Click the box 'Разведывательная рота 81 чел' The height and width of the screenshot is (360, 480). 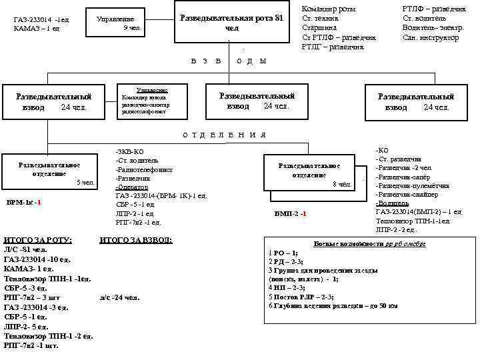232,23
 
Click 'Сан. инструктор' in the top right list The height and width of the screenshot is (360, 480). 431,38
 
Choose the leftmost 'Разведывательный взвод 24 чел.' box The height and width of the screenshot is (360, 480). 54,101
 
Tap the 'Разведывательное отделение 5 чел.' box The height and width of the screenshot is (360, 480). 50,171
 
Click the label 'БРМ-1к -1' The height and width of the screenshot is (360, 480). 23,202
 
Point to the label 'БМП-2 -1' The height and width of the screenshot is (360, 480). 290,214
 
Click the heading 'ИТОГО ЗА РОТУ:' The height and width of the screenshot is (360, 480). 37,239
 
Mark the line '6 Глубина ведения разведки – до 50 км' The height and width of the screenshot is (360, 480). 333,305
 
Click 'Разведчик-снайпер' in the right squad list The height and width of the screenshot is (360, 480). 406,194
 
